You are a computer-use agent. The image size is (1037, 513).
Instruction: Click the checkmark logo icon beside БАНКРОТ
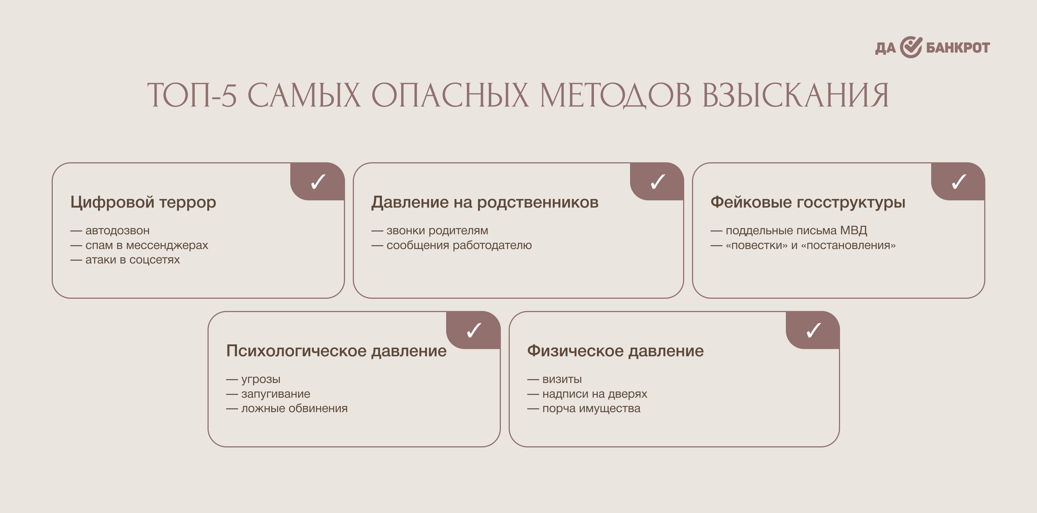pos(911,47)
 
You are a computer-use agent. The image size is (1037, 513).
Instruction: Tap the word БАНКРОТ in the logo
pos(958,48)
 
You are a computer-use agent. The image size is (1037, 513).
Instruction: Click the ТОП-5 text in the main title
pos(192,95)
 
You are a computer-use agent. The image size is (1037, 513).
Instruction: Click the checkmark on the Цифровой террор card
pos(318,181)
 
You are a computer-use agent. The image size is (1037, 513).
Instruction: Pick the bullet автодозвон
pos(110,230)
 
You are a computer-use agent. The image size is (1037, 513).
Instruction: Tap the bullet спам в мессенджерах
pos(139,245)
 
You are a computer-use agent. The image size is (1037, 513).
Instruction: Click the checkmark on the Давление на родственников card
pos(658,181)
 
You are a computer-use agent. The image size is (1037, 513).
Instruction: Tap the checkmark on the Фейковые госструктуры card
pos(959,181)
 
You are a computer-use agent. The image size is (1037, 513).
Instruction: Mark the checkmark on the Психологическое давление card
pos(474,330)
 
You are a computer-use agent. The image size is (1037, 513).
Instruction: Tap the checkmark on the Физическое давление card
pos(814,330)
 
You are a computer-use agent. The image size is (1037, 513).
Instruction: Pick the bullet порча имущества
pos(584,409)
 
